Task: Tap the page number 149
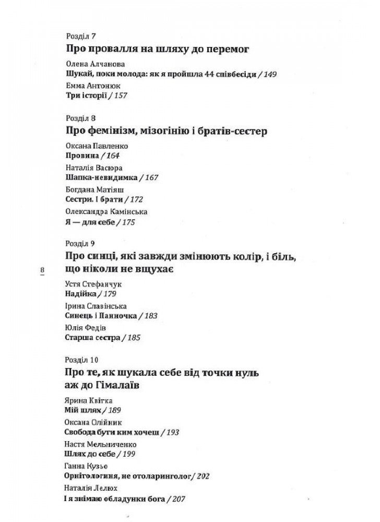point(270,74)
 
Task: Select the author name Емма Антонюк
point(90,85)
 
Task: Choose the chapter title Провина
point(79,156)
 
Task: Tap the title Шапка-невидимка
point(97,177)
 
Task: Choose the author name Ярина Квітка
point(82,400)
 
